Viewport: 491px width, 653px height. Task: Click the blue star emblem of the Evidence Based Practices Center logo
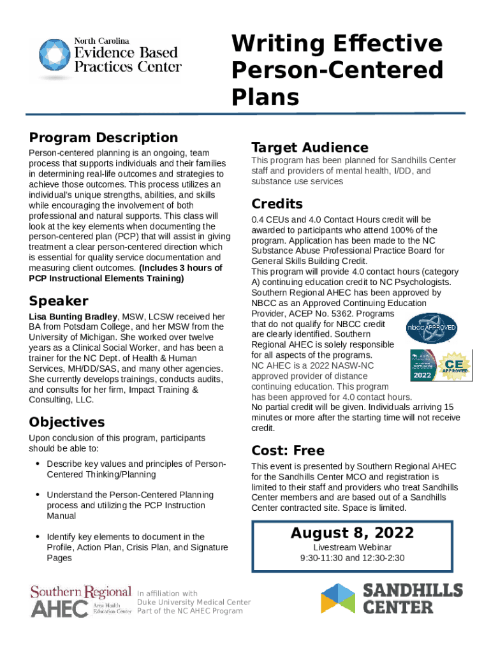tap(54, 56)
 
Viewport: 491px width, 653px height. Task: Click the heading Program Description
tap(103, 138)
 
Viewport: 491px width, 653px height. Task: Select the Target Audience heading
tap(309, 147)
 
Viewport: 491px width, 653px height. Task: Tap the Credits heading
tap(277, 204)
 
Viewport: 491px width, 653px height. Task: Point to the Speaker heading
tap(59, 301)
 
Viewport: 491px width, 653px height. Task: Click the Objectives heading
tap(66, 422)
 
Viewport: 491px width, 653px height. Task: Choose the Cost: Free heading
tap(288, 451)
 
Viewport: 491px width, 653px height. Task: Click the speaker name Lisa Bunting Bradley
tap(73, 316)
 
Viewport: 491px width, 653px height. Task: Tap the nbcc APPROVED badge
tap(431, 328)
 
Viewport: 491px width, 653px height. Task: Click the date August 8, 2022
tap(352, 533)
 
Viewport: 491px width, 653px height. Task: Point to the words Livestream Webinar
tap(352, 547)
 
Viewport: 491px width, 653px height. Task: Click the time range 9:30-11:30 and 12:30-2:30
tap(352, 558)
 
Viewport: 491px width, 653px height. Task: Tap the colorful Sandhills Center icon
tap(337, 598)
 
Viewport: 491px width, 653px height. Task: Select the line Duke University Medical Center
tap(194, 602)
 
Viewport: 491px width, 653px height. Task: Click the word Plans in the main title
tap(265, 97)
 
